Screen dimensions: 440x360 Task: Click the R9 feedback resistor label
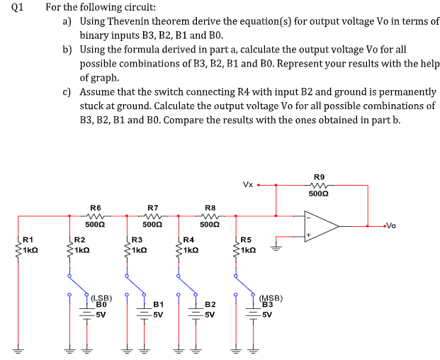tap(319, 177)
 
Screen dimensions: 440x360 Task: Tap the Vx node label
tap(248, 185)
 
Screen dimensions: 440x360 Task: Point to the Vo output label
tap(391, 225)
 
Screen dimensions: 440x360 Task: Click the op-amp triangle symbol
tap(322, 226)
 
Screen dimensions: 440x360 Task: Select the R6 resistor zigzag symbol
tap(96, 216)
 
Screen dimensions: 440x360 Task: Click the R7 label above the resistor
tap(152, 208)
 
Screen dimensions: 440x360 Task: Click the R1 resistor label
tap(28, 240)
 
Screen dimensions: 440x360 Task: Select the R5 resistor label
tap(246, 240)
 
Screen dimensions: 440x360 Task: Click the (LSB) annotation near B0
tap(102, 298)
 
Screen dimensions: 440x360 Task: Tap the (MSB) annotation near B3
tap(271, 298)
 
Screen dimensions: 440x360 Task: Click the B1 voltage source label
tap(159, 305)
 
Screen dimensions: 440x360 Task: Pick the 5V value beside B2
tap(210, 315)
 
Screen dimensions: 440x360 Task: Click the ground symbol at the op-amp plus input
tap(276, 248)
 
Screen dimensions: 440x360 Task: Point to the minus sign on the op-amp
tap(308, 218)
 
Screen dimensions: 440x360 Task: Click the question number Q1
tap(18, 7)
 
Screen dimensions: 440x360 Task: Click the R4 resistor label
tap(188, 240)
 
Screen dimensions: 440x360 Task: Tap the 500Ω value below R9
tap(319, 194)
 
